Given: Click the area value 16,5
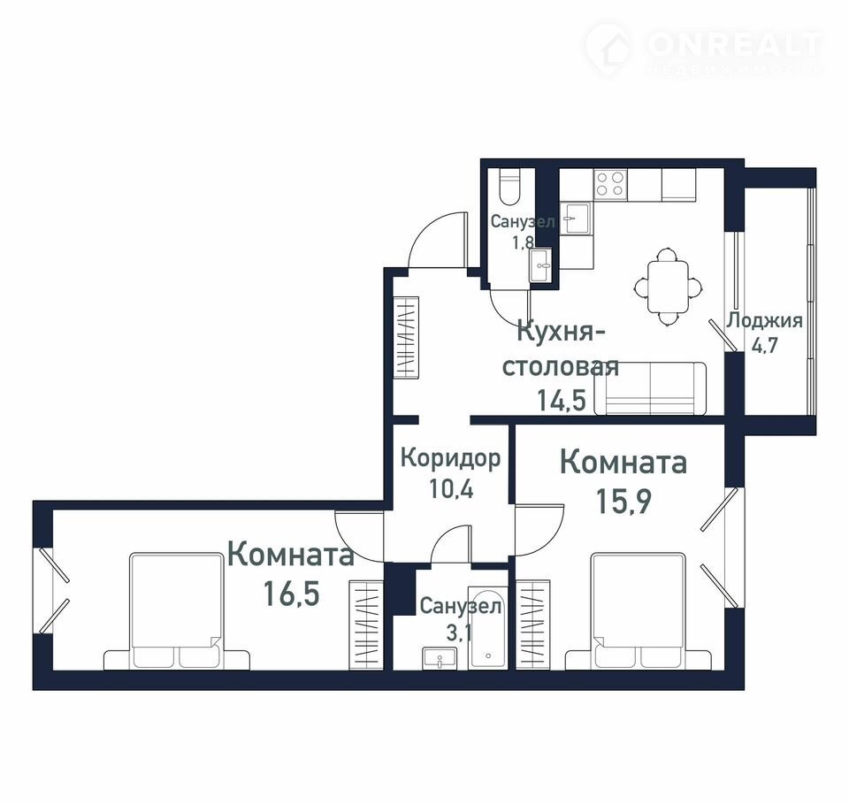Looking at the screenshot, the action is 292,594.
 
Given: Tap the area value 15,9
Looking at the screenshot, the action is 623,501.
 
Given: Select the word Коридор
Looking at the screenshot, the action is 450,458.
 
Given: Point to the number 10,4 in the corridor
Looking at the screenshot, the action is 451,488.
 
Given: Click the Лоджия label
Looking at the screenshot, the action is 764,321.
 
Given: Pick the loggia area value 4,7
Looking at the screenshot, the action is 764,345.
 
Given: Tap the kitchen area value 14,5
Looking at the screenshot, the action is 562,401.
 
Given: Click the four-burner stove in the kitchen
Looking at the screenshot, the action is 610,183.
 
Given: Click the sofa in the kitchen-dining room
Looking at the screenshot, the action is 650,388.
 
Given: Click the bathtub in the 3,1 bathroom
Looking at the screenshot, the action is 487,628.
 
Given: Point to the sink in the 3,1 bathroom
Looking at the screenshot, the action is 440,658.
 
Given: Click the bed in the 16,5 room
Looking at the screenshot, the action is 177,611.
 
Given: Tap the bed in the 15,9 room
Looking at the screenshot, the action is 639,611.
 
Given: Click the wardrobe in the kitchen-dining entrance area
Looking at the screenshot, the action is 406,338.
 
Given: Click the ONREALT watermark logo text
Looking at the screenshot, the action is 734,45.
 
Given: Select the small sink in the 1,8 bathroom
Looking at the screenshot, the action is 540,264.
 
